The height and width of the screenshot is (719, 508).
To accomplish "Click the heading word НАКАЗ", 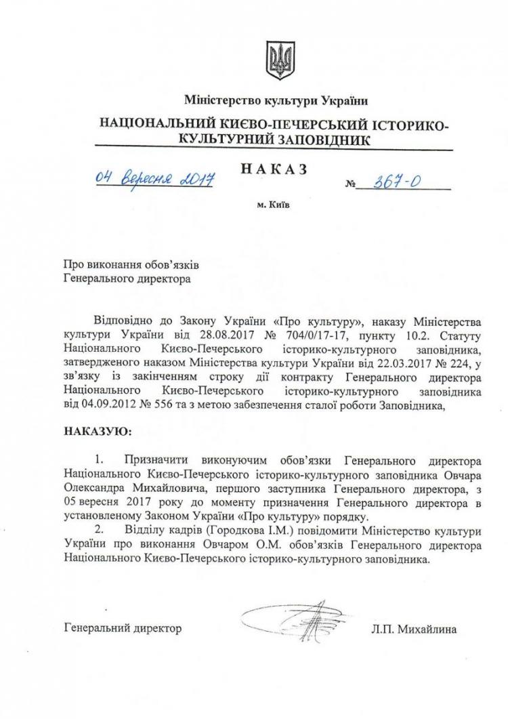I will [x=274, y=169].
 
